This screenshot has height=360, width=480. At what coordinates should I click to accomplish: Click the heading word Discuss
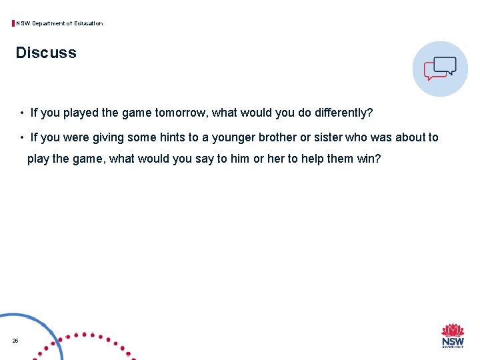pos(46,53)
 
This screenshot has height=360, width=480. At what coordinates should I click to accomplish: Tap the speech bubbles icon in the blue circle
pos(440,68)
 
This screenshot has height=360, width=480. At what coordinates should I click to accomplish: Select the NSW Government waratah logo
pos(453,335)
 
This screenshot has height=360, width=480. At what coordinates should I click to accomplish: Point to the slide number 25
pos(15,341)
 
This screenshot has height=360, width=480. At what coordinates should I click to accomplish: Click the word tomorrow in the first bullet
pos(181,113)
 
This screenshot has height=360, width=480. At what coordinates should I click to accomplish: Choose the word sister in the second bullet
pos(328,137)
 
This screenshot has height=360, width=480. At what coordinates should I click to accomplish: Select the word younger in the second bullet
pos(233,137)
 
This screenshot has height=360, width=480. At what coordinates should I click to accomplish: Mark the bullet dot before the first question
pos(22,113)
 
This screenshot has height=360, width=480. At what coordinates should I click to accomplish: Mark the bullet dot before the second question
pos(22,138)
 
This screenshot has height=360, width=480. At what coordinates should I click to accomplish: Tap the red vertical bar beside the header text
pos(13,23)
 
